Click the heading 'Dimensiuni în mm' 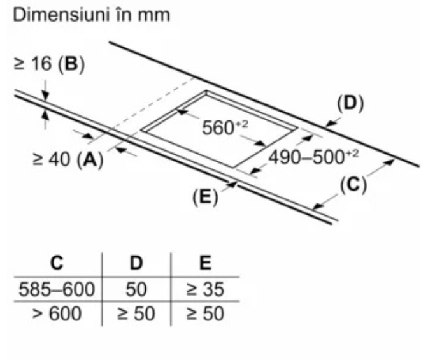pyautogui.click(x=89, y=16)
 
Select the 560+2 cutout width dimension pyautogui.click(x=224, y=127)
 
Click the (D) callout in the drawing pyautogui.click(x=350, y=104)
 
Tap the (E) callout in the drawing pyautogui.click(x=205, y=197)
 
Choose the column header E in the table pyautogui.click(x=204, y=263)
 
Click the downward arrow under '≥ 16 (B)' pyautogui.click(x=45, y=89)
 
